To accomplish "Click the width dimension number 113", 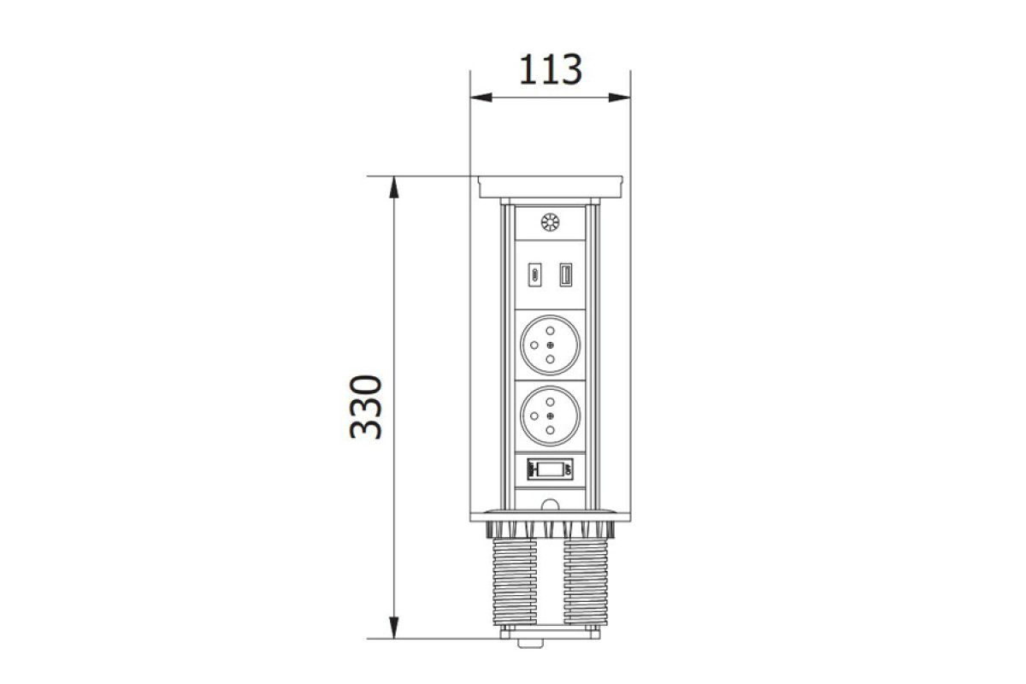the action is pyautogui.click(x=550, y=69).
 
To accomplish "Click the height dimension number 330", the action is pyautogui.click(x=366, y=407).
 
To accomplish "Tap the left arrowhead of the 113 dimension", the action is pyautogui.click(x=481, y=97).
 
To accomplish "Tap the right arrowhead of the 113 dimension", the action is pyautogui.click(x=619, y=97).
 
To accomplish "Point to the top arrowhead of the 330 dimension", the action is pyautogui.click(x=394, y=187).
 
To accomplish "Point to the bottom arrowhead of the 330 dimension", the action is pyautogui.click(x=394, y=628).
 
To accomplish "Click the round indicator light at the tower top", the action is pyautogui.click(x=550, y=223).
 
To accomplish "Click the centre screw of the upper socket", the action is pyautogui.click(x=550, y=345).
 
